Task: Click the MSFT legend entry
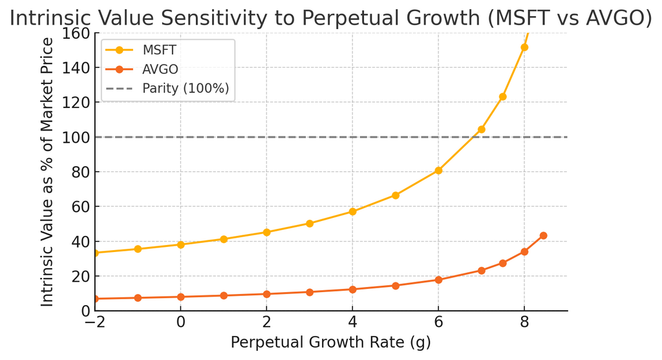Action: coord(158,50)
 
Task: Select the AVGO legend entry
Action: coord(160,69)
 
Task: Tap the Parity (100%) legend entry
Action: coord(186,89)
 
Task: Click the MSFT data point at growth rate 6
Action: coord(438,171)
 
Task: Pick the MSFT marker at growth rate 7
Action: coord(481,129)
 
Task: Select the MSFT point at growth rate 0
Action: coord(180,244)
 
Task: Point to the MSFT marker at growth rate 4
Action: coord(352,211)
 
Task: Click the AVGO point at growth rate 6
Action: coord(438,280)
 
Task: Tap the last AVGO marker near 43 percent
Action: coord(543,236)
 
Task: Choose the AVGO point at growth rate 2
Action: coord(266,294)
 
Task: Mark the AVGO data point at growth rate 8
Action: coord(524,251)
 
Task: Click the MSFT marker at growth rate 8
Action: coord(524,47)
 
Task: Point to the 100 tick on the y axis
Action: coord(77,137)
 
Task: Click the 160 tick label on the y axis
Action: coord(77,33)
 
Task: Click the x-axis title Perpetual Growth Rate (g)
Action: coord(330,343)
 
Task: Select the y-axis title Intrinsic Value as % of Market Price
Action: coord(47,172)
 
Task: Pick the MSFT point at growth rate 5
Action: coord(395,195)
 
